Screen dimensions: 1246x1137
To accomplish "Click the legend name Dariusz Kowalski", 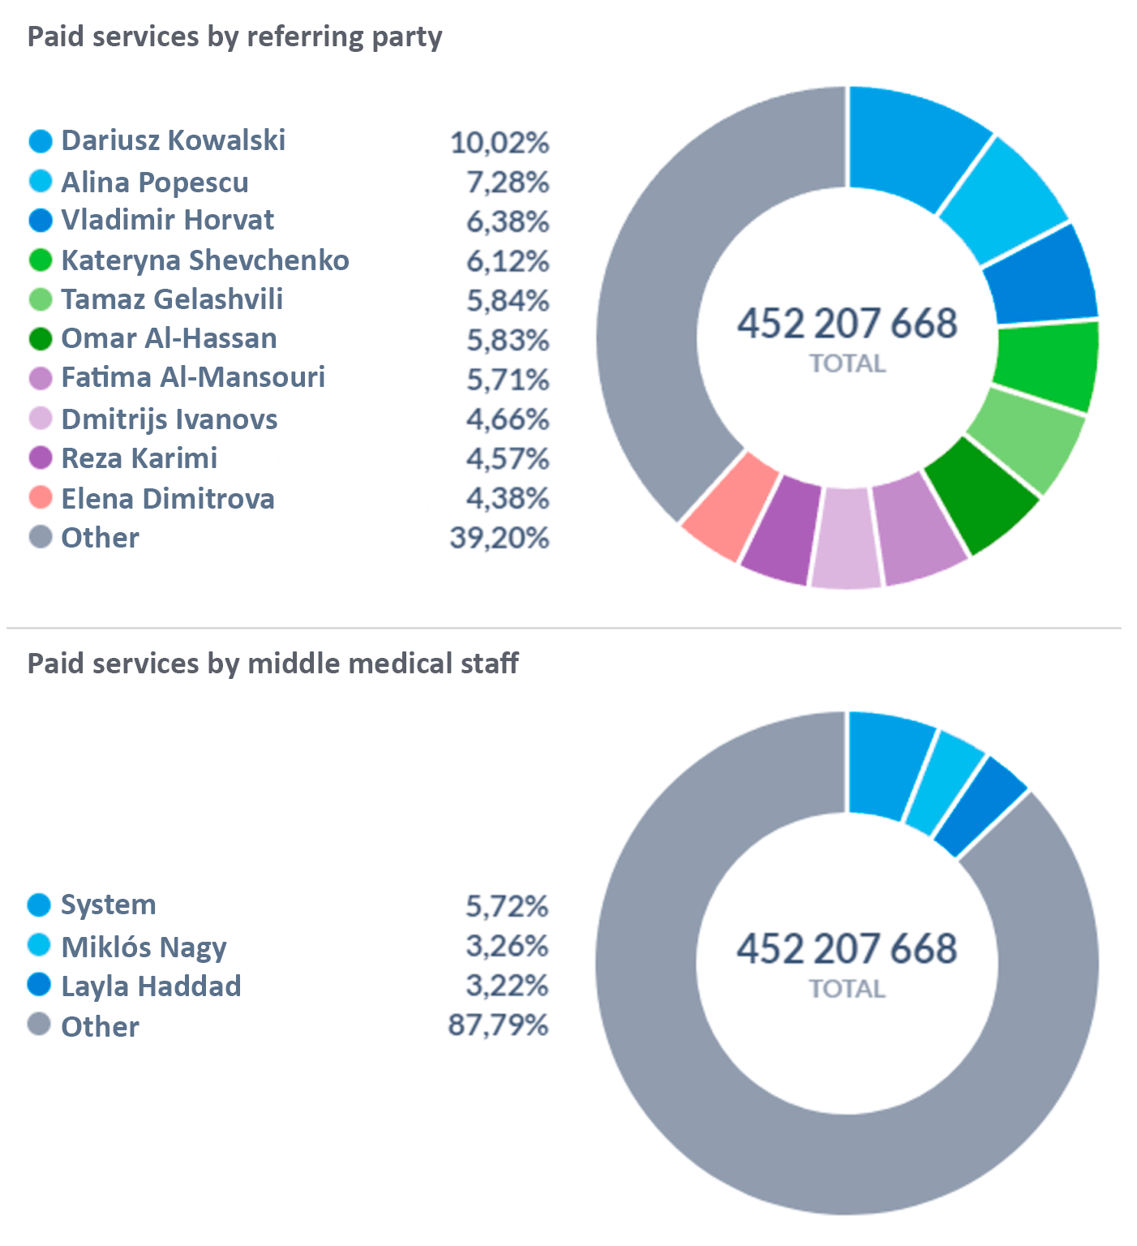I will tap(173, 140).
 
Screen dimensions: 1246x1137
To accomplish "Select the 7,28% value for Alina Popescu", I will tap(507, 182).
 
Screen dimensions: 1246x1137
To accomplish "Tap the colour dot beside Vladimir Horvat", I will tap(40, 220).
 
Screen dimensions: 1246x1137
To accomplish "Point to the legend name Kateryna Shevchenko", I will tap(205, 260).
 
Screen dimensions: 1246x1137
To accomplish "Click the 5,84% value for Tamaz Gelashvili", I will tap(507, 300).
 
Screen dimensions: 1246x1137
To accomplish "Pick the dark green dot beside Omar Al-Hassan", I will tap(40, 338).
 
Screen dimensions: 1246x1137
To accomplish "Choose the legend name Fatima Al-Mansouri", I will tap(193, 377).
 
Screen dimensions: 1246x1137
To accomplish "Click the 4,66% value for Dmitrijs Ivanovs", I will tap(507, 419).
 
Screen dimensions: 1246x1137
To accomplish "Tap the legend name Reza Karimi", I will tap(139, 458).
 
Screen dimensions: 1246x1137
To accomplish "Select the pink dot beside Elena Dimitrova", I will tap(40, 497).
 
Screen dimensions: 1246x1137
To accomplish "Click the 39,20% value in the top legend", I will tap(500, 537).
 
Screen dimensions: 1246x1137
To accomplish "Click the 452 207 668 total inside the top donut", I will tap(847, 323).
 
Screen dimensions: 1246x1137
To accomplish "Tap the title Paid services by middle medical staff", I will tap(272, 664).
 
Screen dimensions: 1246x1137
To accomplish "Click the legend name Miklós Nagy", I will tap(144, 947).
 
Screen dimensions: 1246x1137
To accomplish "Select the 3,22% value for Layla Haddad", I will tap(507, 985).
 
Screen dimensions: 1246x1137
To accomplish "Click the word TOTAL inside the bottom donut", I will tap(847, 988).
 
